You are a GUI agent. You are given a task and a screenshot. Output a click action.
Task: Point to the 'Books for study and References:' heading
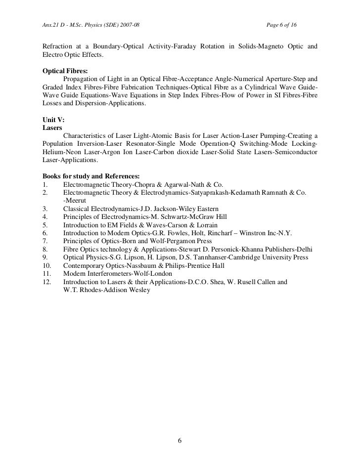pos(91,175)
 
